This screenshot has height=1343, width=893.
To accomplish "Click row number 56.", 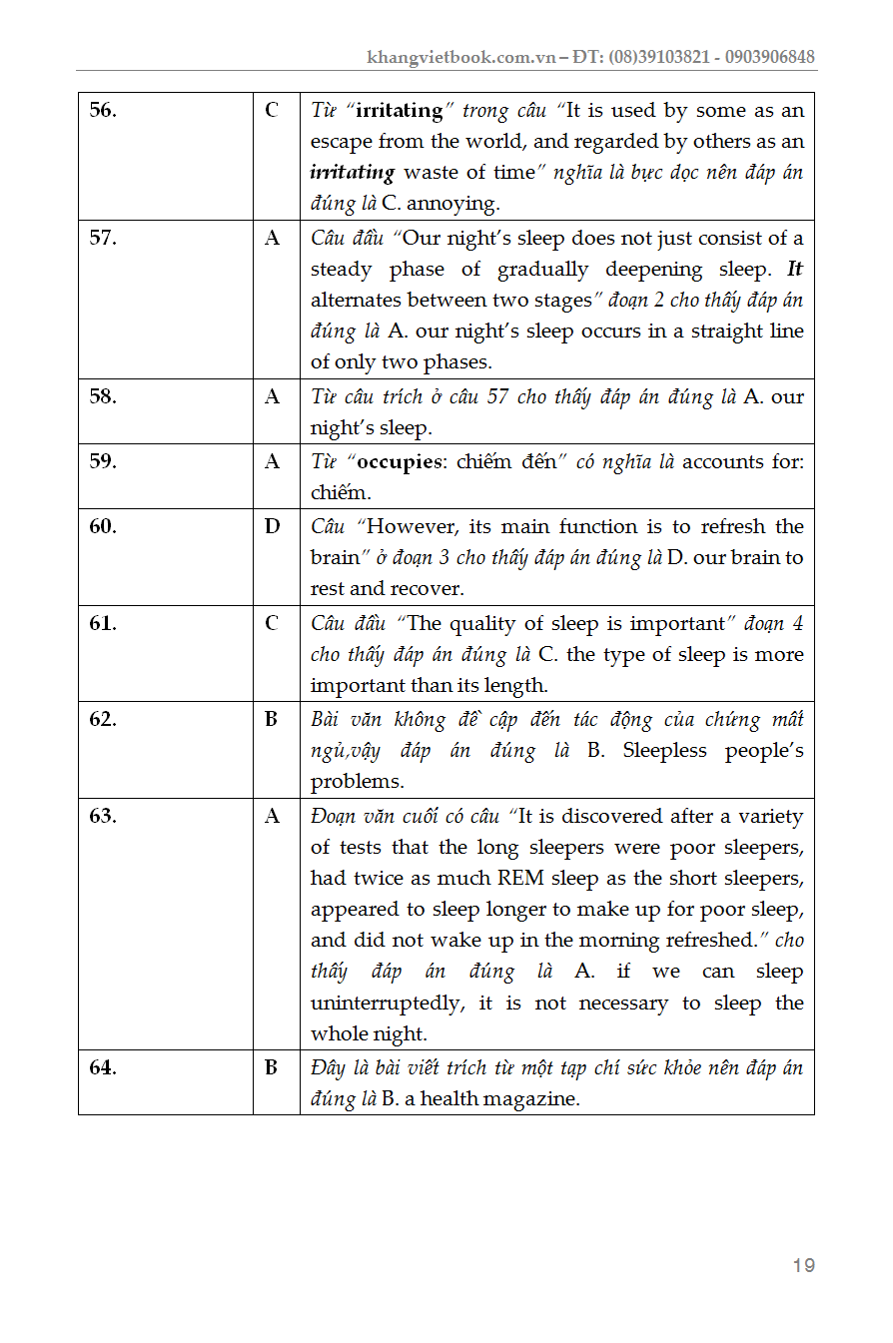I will pos(103,110).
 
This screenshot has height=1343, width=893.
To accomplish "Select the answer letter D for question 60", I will pos(272,526).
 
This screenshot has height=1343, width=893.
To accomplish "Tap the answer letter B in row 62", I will pos(272,719).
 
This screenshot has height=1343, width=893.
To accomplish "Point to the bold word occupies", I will pos(399,462).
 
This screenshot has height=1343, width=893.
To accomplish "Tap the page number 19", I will pos(803,1266).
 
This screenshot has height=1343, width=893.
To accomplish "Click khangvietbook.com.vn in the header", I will pos(460,57).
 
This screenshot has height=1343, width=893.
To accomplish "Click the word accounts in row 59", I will pos(721,462).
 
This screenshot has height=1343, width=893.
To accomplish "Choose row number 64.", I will pos(103,1067).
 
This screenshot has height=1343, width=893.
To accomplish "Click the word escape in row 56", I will pos(340,142).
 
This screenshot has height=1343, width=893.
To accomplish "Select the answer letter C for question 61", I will pos(272,623).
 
